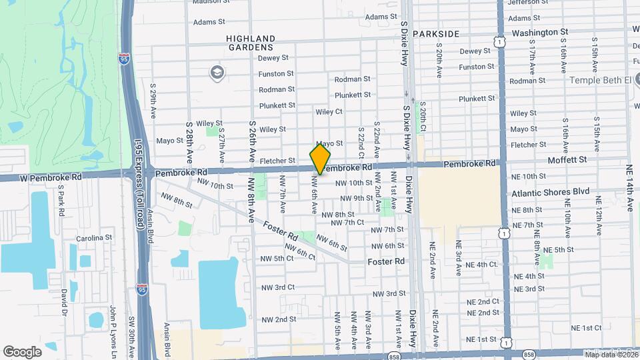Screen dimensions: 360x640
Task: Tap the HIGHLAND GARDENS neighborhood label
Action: [x=250, y=43]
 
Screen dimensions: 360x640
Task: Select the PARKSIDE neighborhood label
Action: [x=436, y=33]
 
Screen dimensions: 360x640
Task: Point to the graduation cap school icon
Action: [x=217, y=72]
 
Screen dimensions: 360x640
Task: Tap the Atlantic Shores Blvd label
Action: [x=551, y=192]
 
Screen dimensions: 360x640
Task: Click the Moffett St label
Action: [x=567, y=160]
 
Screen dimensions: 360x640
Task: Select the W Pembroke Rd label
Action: [x=41, y=177]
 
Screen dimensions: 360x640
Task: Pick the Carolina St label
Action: [x=93, y=238]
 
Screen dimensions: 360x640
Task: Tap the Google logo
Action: [x=22, y=351]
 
